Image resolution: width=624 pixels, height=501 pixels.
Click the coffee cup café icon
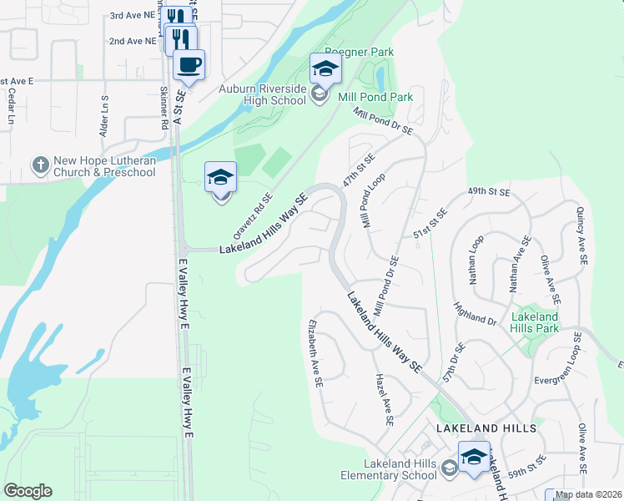[189, 65]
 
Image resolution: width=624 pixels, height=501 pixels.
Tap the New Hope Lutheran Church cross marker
[40, 165]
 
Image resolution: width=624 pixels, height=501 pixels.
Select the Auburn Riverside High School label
[263, 95]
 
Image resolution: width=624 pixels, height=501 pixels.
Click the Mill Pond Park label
[375, 97]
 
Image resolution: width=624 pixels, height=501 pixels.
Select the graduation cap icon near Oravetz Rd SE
[221, 178]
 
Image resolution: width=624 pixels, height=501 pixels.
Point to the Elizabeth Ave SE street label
[316, 352]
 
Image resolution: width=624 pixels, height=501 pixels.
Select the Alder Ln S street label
[105, 117]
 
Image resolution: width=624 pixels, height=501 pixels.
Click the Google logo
[28, 491]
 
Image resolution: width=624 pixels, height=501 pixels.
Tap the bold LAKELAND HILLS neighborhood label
[486, 428]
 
